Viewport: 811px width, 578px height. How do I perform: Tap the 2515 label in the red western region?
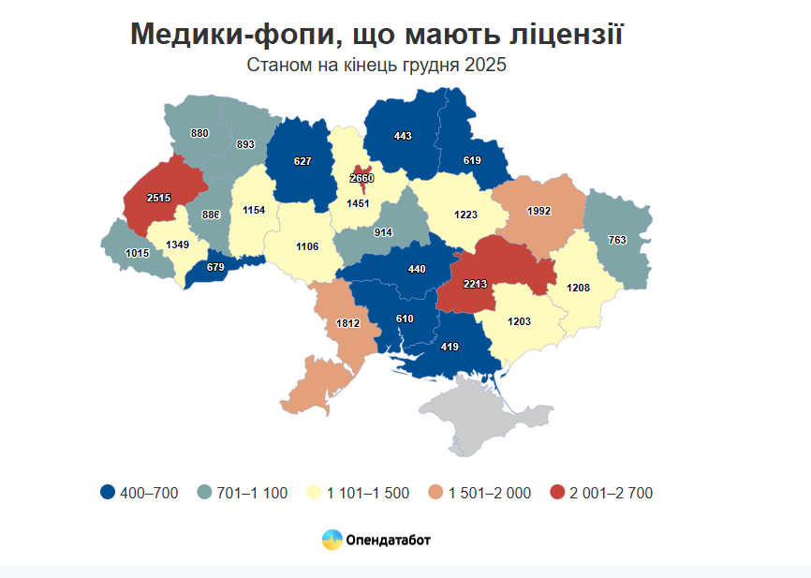(159, 199)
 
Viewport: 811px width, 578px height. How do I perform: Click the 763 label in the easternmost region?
(617, 240)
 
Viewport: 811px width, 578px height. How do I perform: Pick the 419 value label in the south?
(450, 348)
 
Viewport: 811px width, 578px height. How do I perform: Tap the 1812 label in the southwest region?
(347, 323)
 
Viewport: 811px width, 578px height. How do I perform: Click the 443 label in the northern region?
(403, 136)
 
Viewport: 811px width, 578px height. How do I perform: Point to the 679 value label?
(215, 268)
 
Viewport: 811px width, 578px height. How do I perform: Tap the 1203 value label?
(519, 321)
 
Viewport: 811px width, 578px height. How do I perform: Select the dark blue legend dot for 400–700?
(108, 493)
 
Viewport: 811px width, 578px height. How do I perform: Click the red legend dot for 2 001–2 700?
(557, 493)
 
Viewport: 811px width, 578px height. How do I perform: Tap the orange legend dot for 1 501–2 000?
(435, 493)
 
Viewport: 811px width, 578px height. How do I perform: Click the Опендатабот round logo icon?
(332, 540)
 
